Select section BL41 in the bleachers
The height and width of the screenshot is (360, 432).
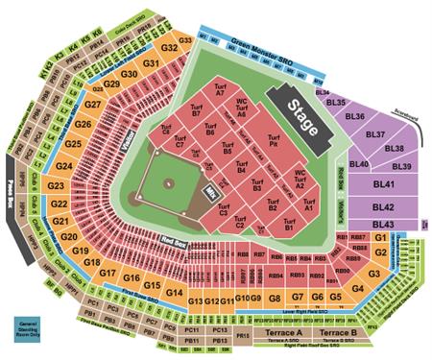pyautogui.click(x=384, y=184)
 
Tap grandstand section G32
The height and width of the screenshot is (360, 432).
pyautogui.click(x=171, y=47)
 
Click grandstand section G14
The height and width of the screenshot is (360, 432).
pyautogui.click(x=175, y=292)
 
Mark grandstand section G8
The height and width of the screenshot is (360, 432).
pyautogui.click(x=276, y=299)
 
